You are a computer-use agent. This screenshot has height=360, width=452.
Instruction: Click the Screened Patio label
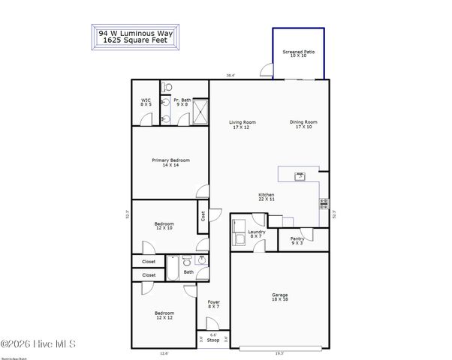pos(298,54)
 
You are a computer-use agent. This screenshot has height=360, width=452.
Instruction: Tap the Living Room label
pos(243,124)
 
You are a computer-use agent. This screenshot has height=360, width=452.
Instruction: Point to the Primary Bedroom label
pos(170,162)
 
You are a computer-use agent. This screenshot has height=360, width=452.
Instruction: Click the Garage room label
pos(279,297)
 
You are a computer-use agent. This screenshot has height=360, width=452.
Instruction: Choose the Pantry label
pos(297,241)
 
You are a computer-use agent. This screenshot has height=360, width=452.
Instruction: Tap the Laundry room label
pos(258,234)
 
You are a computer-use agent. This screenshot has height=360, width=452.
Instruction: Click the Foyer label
pos(213,304)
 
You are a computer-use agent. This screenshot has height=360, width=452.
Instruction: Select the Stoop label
pos(213,340)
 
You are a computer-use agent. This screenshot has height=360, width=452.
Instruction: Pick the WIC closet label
pos(146,102)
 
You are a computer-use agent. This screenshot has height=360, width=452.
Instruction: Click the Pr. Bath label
pos(182,102)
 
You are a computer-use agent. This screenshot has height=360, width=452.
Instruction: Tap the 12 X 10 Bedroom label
pos(164,225)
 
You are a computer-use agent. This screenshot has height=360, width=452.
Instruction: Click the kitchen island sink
pos(300,176)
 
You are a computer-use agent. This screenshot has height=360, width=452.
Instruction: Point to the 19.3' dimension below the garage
pos(279,352)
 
